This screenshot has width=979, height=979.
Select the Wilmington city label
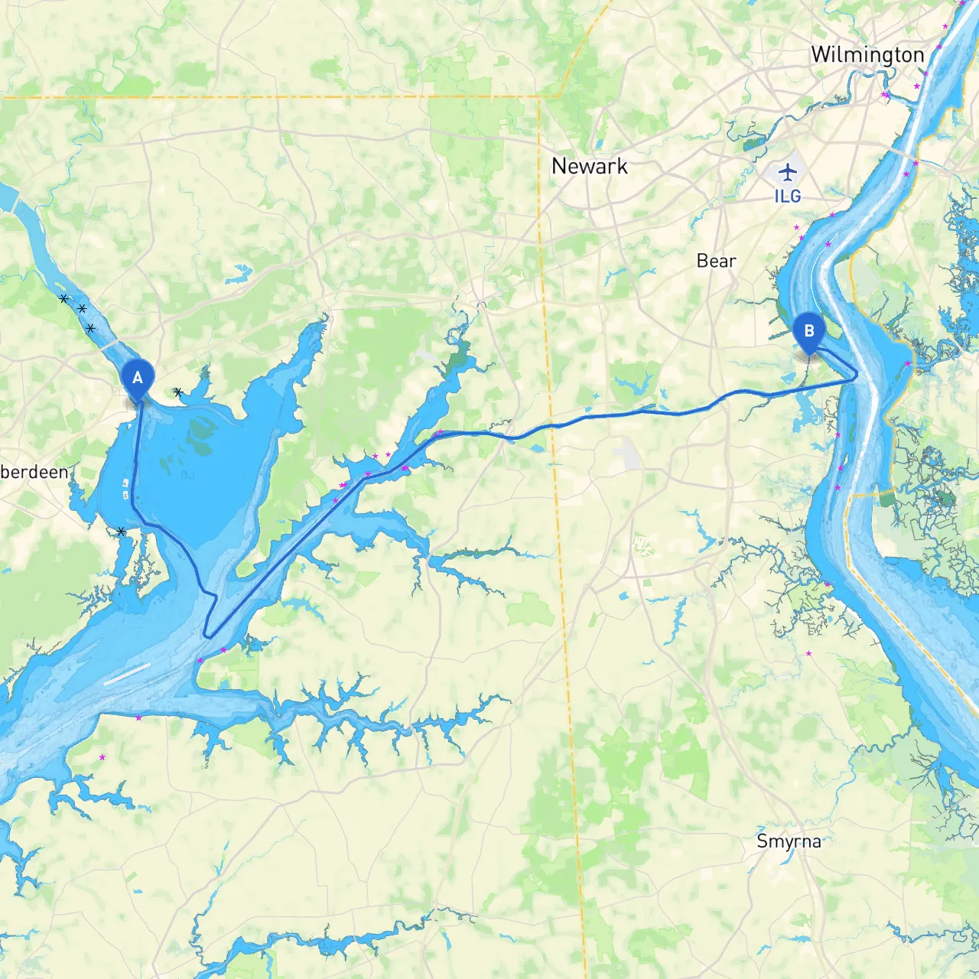(867, 55)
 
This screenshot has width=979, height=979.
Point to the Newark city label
(589, 166)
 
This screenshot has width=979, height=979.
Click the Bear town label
(716, 261)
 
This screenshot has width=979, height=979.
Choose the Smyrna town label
(789, 841)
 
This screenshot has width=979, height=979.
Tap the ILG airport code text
(787, 197)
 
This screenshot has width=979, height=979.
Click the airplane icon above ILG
(787, 171)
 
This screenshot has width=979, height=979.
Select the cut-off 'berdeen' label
(34, 472)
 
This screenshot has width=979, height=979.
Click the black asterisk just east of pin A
(177, 392)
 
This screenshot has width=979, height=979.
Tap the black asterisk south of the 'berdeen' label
(121, 531)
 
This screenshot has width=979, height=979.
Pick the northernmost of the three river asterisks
(64, 299)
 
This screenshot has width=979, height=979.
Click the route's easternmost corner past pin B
(856, 375)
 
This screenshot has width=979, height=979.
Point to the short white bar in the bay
(127, 674)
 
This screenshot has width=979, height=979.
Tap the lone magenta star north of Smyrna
(808, 654)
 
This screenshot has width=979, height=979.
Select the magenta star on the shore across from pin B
(908, 363)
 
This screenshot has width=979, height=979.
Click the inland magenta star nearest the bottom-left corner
(102, 757)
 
